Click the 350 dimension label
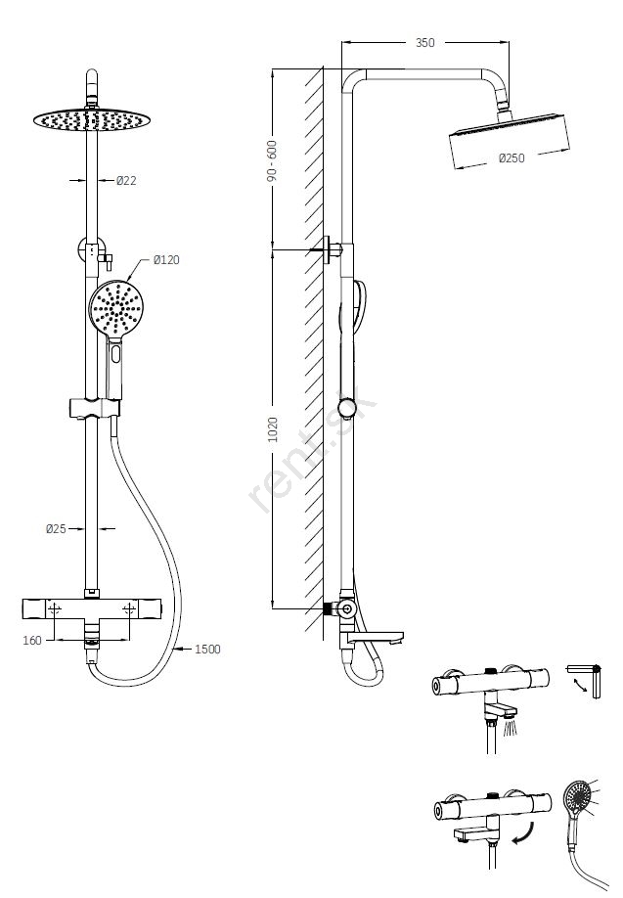click(x=424, y=43)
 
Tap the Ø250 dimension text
click(x=512, y=158)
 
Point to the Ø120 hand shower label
click(x=166, y=259)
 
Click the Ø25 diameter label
click(x=56, y=529)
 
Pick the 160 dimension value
click(x=33, y=642)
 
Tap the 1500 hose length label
click(x=207, y=649)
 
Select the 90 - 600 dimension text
click(x=273, y=160)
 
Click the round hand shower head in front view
click(x=116, y=306)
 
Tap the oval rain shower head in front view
click(x=89, y=119)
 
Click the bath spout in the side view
click(x=377, y=641)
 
